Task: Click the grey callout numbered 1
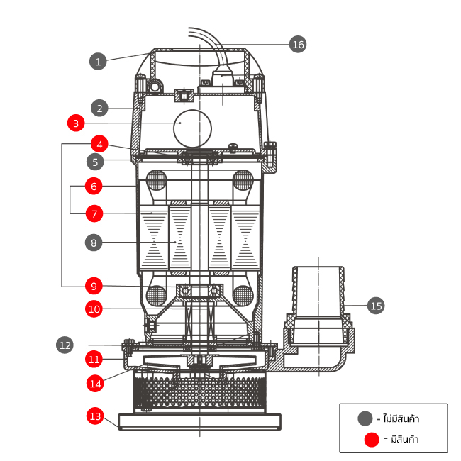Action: tap(98, 61)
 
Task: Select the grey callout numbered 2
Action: tap(100, 109)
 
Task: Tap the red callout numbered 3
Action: tap(76, 123)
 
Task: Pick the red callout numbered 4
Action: tap(100, 144)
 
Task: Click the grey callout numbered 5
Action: tap(98, 161)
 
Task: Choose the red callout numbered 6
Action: tap(93, 187)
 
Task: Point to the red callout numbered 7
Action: tap(93, 213)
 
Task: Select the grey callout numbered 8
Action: tap(93, 243)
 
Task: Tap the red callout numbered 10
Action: tap(93, 309)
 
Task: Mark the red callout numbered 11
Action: tap(93, 358)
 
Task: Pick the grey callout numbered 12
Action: tap(65, 345)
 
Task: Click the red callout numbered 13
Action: tap(95, 416)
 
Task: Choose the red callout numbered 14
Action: tap(96, 383)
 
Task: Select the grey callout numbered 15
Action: tap(376, 306)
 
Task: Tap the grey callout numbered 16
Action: tap(298, 44)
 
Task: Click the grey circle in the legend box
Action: tap(365, 418)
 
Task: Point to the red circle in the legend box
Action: tap(371, 440)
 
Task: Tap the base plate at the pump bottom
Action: tap(201, 422)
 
